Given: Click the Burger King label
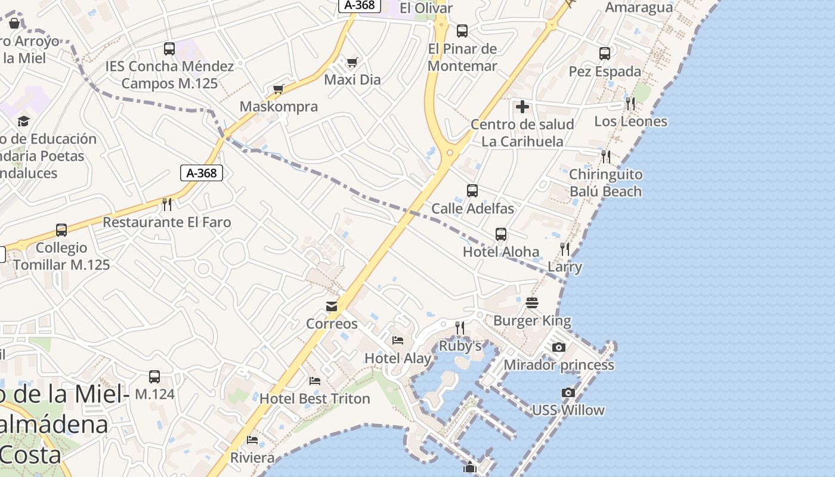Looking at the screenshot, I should click(532, 321).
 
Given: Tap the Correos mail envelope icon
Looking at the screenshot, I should click(332, 306).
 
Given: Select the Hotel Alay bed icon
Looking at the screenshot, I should click(398, 340).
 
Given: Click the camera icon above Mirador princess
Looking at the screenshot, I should click(559, 347).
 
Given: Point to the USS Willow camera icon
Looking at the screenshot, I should click(568, 392).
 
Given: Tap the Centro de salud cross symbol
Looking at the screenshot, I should click(522, 107).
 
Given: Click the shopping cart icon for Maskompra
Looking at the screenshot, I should click(278, 89).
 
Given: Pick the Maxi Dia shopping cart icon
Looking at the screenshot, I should click(352, 62).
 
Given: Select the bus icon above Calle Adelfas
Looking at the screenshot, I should click(472, 191).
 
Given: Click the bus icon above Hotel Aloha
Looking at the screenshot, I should click(501, 234).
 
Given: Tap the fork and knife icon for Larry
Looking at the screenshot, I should click(564, 249).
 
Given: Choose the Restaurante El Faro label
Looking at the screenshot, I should click(167, 222).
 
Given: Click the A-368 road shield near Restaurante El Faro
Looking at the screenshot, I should click(202, 173).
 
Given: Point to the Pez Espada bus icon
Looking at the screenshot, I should click(605, 54).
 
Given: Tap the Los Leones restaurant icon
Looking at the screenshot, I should click(630, 104).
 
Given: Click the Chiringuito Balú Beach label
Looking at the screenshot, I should click(605, 183).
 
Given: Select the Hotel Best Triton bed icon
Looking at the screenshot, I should click(315, 380).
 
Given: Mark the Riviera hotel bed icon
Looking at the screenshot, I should click(252, 440).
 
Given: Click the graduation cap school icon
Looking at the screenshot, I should click(23, 121).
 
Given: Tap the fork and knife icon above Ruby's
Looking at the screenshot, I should click(460, 327).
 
